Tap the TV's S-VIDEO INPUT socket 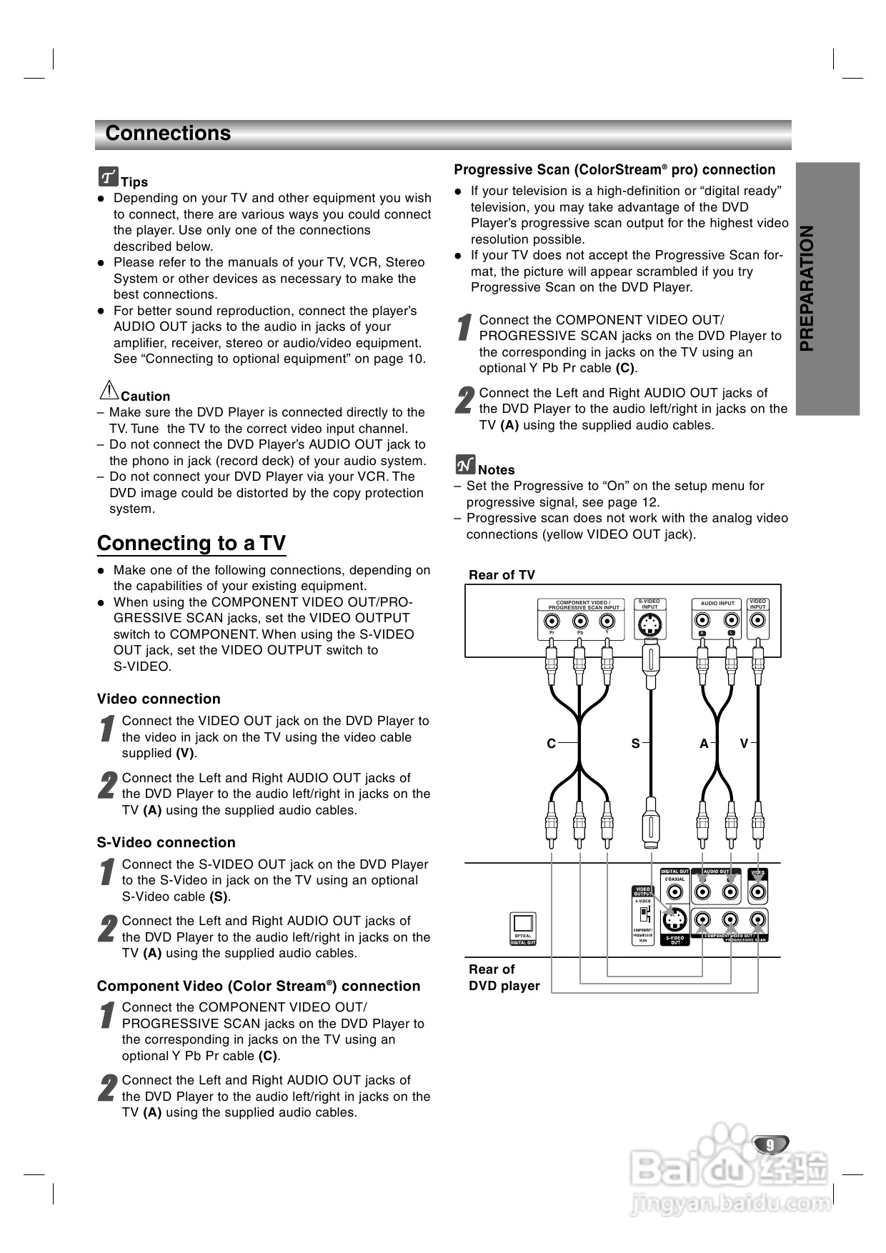(x=649, y=626)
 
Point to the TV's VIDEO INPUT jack (x=757, y=619)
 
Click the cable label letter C (x=551, y=744)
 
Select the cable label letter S (x=635, y=744)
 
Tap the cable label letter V (x=744, y=744)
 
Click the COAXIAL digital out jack (x=675, y=892)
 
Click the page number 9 (x=770, y=1145)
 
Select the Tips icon (x=108, y=176)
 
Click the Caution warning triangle (x=108, y=391)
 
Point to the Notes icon (x=465, y=465)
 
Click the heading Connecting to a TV (x=191, y=543)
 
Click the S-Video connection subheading (x=166, y=842)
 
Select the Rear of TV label (x=502, y=575)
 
